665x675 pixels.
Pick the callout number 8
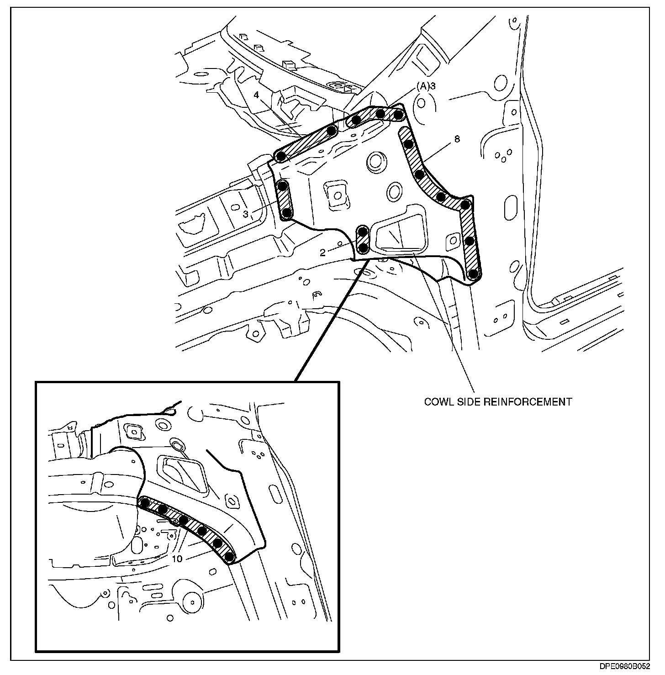pos(457,140)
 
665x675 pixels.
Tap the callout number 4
pos(257,95)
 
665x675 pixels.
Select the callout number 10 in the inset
pos(178,559)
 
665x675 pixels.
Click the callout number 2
pos(322,253)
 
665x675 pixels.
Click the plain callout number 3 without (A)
pos(245,214)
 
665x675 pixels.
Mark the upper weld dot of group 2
pos(364,232)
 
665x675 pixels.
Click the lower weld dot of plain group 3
pos(287,213)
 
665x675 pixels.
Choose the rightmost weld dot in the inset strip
pos(230,557)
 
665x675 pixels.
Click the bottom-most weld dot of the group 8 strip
pos(474,274)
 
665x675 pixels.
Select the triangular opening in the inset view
pos(182,474)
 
